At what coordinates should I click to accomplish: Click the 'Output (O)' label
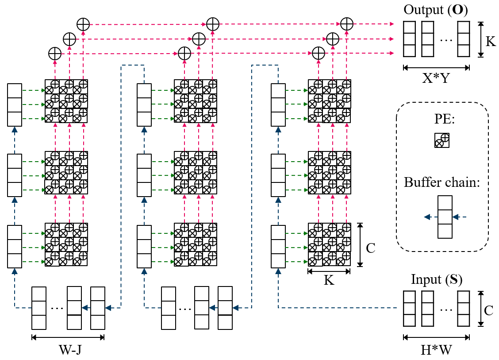coord(436,9)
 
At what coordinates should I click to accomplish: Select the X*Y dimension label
coord(436,78)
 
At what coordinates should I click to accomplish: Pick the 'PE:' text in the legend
coord(442,121)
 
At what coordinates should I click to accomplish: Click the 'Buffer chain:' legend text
coord(441,182)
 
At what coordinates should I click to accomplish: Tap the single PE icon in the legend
coord(442,140)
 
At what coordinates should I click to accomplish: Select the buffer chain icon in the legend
coord(445,217)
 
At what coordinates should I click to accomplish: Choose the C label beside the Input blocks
coord(489,310)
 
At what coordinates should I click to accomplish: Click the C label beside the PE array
coord(371,248)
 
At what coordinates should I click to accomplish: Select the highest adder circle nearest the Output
coord(347,24)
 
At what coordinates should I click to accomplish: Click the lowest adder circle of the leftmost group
coord(55,54)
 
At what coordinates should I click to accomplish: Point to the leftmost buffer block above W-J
coord(39,308)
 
